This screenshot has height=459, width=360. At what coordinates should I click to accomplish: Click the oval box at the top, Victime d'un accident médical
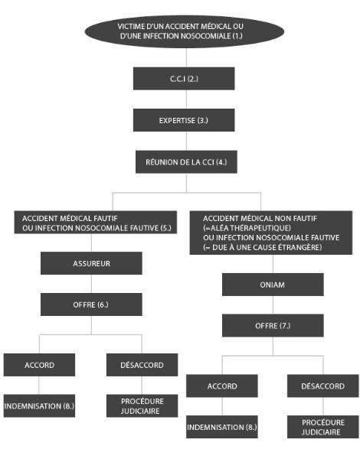coord(185,31)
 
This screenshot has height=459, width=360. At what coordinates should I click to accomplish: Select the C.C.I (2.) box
coord(184,79)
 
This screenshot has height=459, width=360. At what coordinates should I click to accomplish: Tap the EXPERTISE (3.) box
coord(184,120)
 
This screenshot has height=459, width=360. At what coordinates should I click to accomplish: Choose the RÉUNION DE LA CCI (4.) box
coord(186,162)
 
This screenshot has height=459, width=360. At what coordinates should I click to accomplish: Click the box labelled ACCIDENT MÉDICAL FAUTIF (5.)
coord(96,222)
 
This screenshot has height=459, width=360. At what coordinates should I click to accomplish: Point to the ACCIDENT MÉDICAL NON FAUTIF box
coord(271,233)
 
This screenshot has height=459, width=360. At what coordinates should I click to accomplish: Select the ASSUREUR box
coord(91,263)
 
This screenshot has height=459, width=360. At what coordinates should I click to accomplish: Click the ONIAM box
coord(273,285)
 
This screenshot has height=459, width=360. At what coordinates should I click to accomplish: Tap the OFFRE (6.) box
coord(91,304)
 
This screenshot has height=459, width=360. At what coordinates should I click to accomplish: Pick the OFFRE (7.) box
coord(273,326)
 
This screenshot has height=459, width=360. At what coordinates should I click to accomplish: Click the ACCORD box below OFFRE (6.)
coord(39,365)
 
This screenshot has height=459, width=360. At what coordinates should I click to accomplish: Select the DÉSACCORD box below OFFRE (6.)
coord(142,365)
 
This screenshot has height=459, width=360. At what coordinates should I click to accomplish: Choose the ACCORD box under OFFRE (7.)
coord(222,386)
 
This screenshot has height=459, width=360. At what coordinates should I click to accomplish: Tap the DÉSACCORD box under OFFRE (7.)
coord(322,386)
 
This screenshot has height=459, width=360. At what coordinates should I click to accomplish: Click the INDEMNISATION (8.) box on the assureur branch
coord(39,405)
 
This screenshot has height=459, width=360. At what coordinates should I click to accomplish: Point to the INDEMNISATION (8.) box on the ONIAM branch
coord(222,427)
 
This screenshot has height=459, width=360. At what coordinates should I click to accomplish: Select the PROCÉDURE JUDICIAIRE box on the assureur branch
coord(142,405)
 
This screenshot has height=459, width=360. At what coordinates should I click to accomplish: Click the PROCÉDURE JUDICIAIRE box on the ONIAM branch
coord(322,427)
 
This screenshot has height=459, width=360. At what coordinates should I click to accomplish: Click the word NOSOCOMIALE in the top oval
coord(205,36)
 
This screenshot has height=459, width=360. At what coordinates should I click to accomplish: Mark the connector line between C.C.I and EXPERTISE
coord(186,99)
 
